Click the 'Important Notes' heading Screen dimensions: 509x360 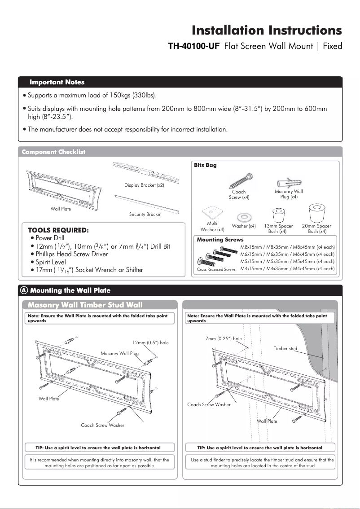click(57, 82)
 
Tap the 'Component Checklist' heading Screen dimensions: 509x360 click(53, 152)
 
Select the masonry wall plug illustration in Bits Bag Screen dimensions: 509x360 click(289, 183)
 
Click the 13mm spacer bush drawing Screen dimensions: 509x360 click(278, 214)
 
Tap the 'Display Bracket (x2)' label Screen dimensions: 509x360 click(144, 185)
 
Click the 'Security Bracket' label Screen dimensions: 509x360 click(145, 215)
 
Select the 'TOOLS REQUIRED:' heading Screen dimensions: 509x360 click(58, 230)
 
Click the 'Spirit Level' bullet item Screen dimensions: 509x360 click(51, 262)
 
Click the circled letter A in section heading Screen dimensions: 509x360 click(25, 290)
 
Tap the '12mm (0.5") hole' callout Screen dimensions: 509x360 click(150, 342)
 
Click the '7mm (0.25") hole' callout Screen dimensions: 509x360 click(223, 339)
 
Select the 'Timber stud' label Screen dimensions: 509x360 click(285, 348)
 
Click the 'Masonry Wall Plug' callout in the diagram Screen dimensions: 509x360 click(119, 354)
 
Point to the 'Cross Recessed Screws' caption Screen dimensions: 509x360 click(216, 269)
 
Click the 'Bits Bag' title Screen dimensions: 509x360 click(205, 165)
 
